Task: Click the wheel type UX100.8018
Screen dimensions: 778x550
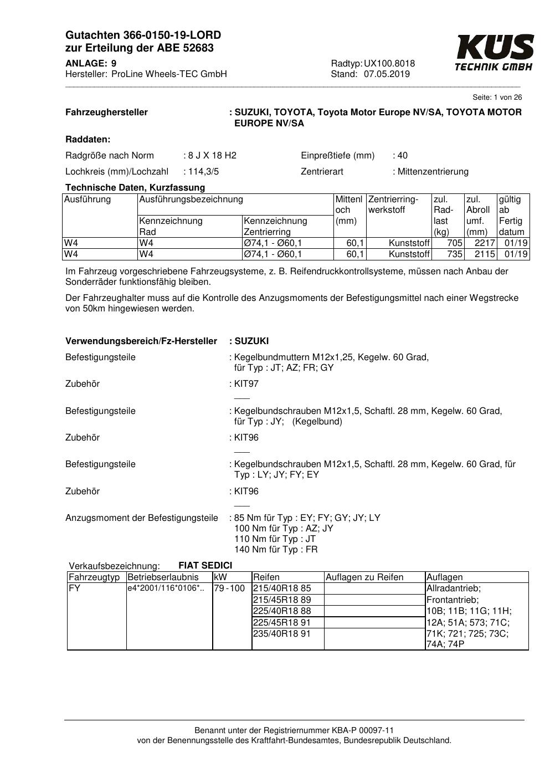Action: point(389,64)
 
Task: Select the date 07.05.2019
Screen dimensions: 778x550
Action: point(387,74)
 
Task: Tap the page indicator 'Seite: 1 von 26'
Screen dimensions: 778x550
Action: point(497,98)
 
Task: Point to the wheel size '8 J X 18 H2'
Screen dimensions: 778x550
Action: point(212,156)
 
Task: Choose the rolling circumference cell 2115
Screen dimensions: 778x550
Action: point(485,254)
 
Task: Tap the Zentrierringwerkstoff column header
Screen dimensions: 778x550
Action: point(393,204)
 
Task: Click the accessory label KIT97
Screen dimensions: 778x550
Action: point(246,384)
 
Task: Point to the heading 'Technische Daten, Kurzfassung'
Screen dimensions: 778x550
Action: point(135,188)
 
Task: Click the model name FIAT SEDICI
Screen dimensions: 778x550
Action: point(205,566)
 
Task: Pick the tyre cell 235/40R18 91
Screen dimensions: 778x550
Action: point(282,633)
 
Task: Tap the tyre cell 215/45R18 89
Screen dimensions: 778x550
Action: point(282,600)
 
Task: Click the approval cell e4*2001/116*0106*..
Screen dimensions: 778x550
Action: point(166,588)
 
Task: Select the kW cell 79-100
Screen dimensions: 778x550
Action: point(229,588)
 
